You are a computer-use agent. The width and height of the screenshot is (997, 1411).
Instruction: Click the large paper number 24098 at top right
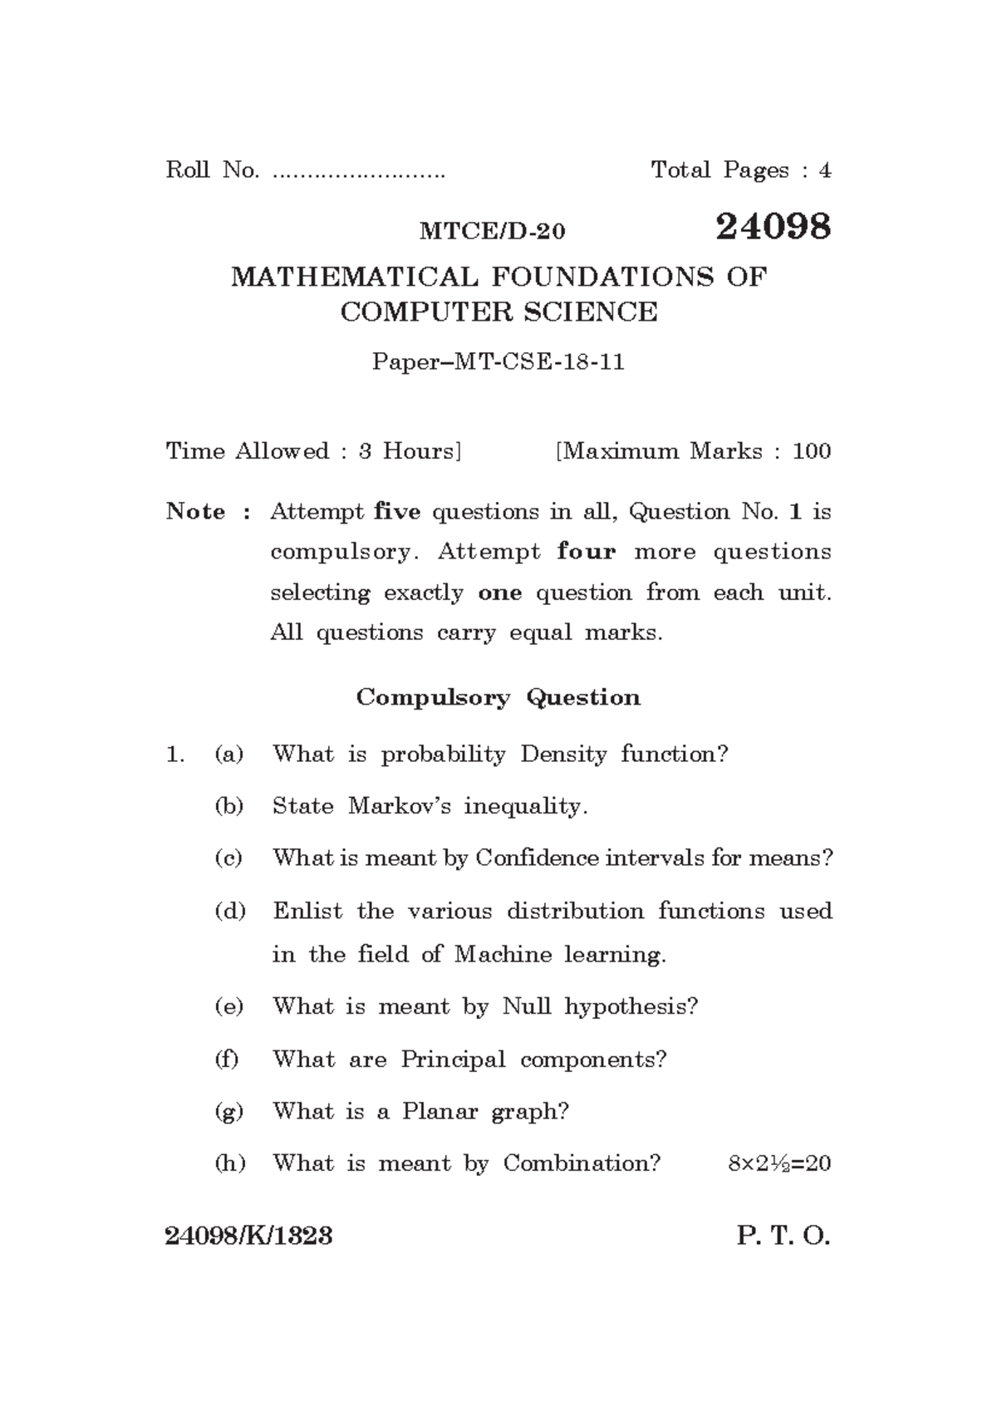click(x=773, y=227)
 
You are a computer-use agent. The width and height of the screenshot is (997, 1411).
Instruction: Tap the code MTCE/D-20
click(x=492, y=232)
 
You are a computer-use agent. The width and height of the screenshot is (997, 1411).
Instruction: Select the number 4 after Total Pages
click(x=824, y=171)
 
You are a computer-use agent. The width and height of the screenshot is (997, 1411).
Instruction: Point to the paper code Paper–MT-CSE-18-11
click(x=498, y=362)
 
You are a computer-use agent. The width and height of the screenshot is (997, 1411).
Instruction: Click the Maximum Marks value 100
click(x=811, y=452)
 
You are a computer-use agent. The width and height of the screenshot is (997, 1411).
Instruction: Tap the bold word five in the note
click(x=397, y=512)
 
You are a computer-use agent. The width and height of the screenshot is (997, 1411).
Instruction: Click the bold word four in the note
click(x=587, y=552)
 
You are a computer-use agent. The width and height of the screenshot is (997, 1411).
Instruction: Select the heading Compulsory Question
click(x=498, y=697)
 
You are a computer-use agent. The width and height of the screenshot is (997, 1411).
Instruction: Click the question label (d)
click(x=230, y=912)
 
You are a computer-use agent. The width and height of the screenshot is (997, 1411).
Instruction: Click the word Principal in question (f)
click(x=453, y=1059)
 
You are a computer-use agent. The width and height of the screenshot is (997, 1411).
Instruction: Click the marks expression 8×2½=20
click(x=778, y=1163)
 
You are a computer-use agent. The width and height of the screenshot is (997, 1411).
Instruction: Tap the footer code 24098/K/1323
click(x=249, y=1236)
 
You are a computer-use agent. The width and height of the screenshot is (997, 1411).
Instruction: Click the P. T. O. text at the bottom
click(x=783, y=1236)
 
